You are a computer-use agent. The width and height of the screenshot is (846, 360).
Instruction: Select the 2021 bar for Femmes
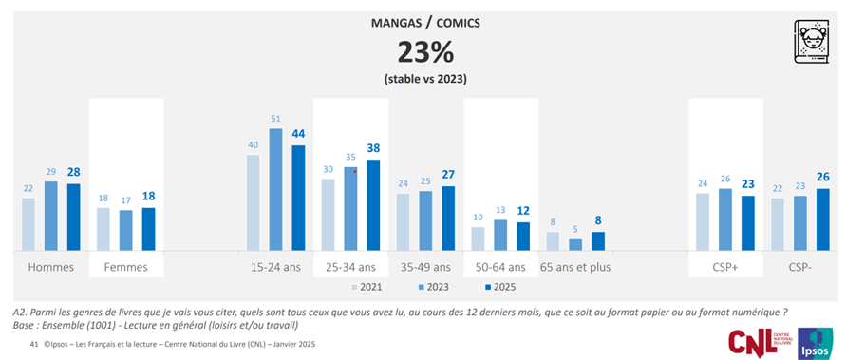(x=103, y=229)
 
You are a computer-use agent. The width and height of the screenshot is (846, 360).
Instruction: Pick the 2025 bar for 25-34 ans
(x=373, y=205)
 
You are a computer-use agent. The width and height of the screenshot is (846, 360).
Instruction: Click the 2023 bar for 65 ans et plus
(x=575, y=244)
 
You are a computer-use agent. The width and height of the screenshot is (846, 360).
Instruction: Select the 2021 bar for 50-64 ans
(x=479, y=238)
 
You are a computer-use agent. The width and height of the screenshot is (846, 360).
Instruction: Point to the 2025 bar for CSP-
(x=822, y=219)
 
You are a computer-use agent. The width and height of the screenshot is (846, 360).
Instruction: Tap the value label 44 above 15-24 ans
(x=299, y=134)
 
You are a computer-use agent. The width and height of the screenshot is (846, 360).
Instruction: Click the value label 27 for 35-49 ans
(x=448, y=175)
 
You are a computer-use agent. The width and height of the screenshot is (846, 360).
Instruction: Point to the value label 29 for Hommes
(x=51, y=170)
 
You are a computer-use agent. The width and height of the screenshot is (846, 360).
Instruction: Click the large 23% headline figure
(x=423, y=49)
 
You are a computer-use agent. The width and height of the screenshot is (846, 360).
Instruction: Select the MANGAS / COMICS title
(x=423, y=21)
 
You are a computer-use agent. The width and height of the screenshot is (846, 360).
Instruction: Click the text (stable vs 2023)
(x=423, y=79)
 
